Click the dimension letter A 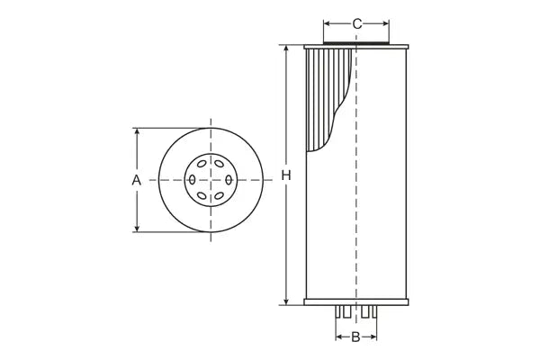[137, 180]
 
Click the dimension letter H [286, 175]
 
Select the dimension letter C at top [356, 23]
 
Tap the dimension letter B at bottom [355, 337]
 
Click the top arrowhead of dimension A [137, 131]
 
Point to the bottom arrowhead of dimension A [137, 228]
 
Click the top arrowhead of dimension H [286, 49]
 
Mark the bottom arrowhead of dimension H [286, 301]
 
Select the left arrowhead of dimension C [328, 23]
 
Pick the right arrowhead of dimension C [385, 23]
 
